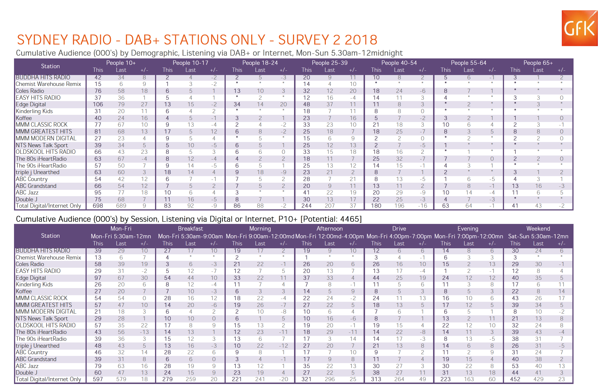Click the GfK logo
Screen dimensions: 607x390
click(580, 28)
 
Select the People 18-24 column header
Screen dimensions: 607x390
click(260, 63)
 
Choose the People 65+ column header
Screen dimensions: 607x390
click(538, 63)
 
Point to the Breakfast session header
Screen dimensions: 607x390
click(191, 229)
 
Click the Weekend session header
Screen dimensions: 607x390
click(538, 229)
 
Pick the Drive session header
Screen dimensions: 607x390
click(399, 229)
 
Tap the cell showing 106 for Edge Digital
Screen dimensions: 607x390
click(98, 105)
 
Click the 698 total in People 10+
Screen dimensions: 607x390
click(98, 206)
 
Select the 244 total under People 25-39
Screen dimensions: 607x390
click(306, 206)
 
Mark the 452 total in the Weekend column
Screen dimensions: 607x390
click(515, 379)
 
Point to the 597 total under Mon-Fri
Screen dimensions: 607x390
click(98, 379)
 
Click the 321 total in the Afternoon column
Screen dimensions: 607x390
click(306, 379)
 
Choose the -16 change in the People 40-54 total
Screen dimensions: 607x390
click(422, 206)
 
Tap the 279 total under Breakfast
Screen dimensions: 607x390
click(167, 379)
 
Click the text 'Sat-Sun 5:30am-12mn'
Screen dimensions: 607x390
click(538, 237)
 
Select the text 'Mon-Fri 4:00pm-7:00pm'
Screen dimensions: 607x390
click(399, 237)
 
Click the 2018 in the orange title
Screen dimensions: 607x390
click(361, 40)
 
